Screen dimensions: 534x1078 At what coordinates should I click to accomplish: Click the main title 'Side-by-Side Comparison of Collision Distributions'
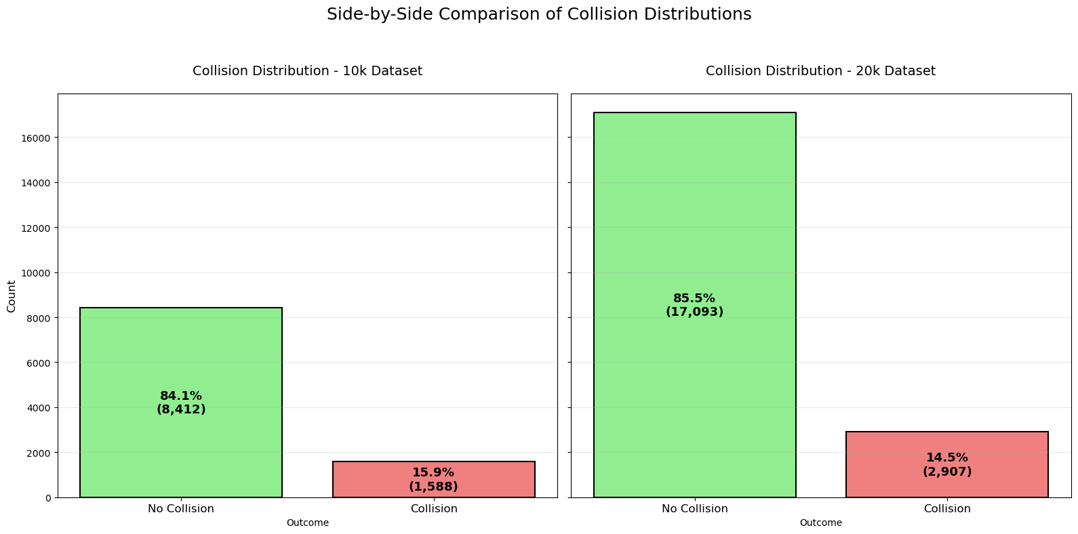click(x=539, y=14)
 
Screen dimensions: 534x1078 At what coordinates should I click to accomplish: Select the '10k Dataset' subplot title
click(x=307, y=71)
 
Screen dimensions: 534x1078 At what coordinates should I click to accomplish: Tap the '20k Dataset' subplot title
click(x=820, y=71)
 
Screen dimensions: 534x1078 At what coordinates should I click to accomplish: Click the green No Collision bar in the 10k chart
click(x=181, y=352)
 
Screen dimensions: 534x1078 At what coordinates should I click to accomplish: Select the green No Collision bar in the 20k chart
click(x=694, y=203)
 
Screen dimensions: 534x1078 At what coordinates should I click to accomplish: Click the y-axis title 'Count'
click(x=12, y=296)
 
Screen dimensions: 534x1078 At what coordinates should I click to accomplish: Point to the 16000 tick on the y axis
click(x=38, y=138)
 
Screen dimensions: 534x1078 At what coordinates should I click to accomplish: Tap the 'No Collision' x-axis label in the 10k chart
click(x=181, y=509)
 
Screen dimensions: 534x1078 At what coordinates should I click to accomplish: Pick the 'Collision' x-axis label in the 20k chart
click(x=947, y=509)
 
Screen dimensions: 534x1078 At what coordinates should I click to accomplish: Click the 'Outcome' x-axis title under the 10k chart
click(x=307, y=523)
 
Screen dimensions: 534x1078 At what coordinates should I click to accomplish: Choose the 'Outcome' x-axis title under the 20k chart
click(x=820, y=523)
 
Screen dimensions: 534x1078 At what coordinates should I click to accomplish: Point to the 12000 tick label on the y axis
click(x=38, y=228)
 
